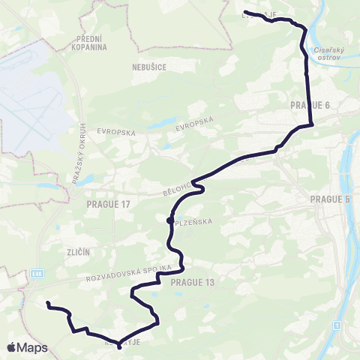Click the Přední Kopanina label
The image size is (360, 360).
pyautogui.click(x=92, y=41)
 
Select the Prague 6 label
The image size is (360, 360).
pyautogui.click(x=310, y=105)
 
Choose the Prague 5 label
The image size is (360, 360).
pyautogui.click(x=330, y=199)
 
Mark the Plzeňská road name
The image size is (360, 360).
pyautogui.click(x=190, y=222)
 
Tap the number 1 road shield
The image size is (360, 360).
pyautogui.click(x=337, y=325)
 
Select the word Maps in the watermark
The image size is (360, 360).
pyautogui.click(x=33, y=347)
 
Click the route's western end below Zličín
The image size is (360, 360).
pyautogui.click(x=47, y=304)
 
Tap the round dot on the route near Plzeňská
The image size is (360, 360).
pyautogui.click(x=170, y=220)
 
